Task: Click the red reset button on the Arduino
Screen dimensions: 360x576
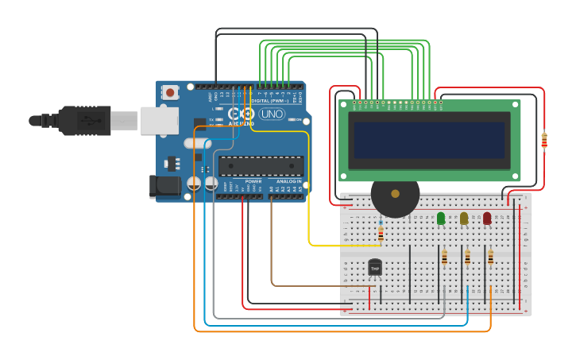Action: [x=169, y=93]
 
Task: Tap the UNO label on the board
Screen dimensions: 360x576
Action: [x=271, y=114]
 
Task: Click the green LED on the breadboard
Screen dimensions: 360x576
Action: [x=441, y=218]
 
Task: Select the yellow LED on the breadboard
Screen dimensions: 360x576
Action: [x=464, y=218]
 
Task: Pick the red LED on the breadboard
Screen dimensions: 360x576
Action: [x=487, y=218]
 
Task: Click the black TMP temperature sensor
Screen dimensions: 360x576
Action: [x=375, y=269]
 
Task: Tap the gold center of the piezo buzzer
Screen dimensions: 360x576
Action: [x=395, y=194]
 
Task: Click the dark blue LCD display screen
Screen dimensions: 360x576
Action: [x=429, y=140]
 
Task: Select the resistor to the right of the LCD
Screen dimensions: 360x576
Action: [x=544, y=141]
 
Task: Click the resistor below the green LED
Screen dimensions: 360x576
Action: [x=444, y=257]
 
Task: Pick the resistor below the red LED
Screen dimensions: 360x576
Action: [x=490, y=257]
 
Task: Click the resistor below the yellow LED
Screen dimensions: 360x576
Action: [x=467, y=257]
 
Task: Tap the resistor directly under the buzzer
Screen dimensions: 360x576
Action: [x=381, y=234]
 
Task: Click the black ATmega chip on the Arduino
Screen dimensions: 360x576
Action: [x=261, y=166]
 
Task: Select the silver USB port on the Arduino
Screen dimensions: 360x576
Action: [x=159, y=121]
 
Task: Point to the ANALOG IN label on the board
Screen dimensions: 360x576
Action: [x=288, y=181]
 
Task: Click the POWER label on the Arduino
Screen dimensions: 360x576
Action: [x=253, y=181]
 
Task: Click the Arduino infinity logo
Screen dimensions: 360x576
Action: [x=240, y=114]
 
